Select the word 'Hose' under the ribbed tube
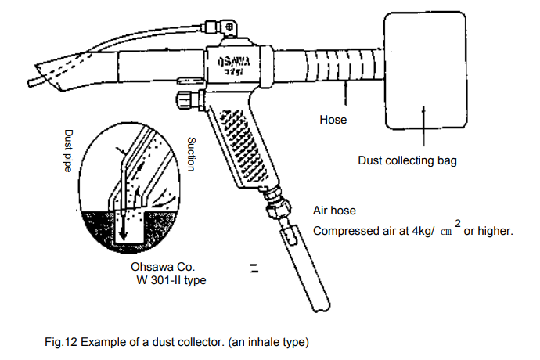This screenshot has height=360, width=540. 333,121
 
